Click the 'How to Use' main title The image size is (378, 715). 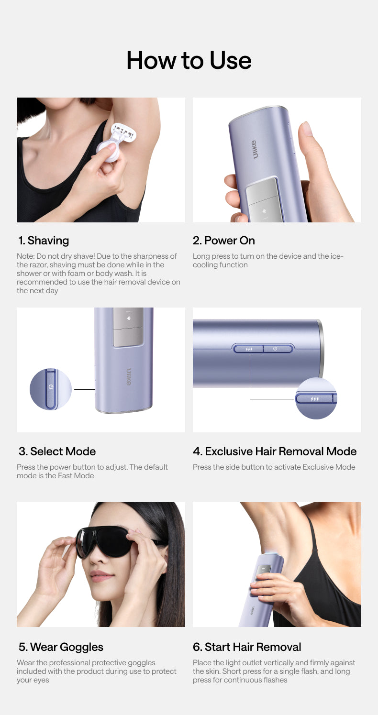pyautogui.click(x=189, y=60)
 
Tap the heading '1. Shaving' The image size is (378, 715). pyautogui.click(x=44, y=241)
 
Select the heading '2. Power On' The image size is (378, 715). pyautogui.click(x=224, y=241)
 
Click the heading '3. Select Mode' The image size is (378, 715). pyautogui.click(x=57, y=451)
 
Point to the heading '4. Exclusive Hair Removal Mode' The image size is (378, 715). pyautogui.click(x=275, y=451)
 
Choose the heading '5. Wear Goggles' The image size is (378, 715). pyautogui.click(x=61, y=647)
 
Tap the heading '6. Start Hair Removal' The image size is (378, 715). pyautogui.click(x=247, y=647)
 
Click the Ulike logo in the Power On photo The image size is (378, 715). pyautogui.click(x=254, y=149)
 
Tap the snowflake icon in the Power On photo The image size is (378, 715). pyautogui.click(x=264, y=211)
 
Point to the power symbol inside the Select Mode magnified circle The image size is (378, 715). pyautogui.click(x=51, y=387)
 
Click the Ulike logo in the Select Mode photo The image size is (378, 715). pyautogui.click(x=128, y=377)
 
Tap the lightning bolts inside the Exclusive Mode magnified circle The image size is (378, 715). pyautogui.click(x=315, y=399)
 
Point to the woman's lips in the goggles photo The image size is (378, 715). pyautogui.click(x=102, y=575)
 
